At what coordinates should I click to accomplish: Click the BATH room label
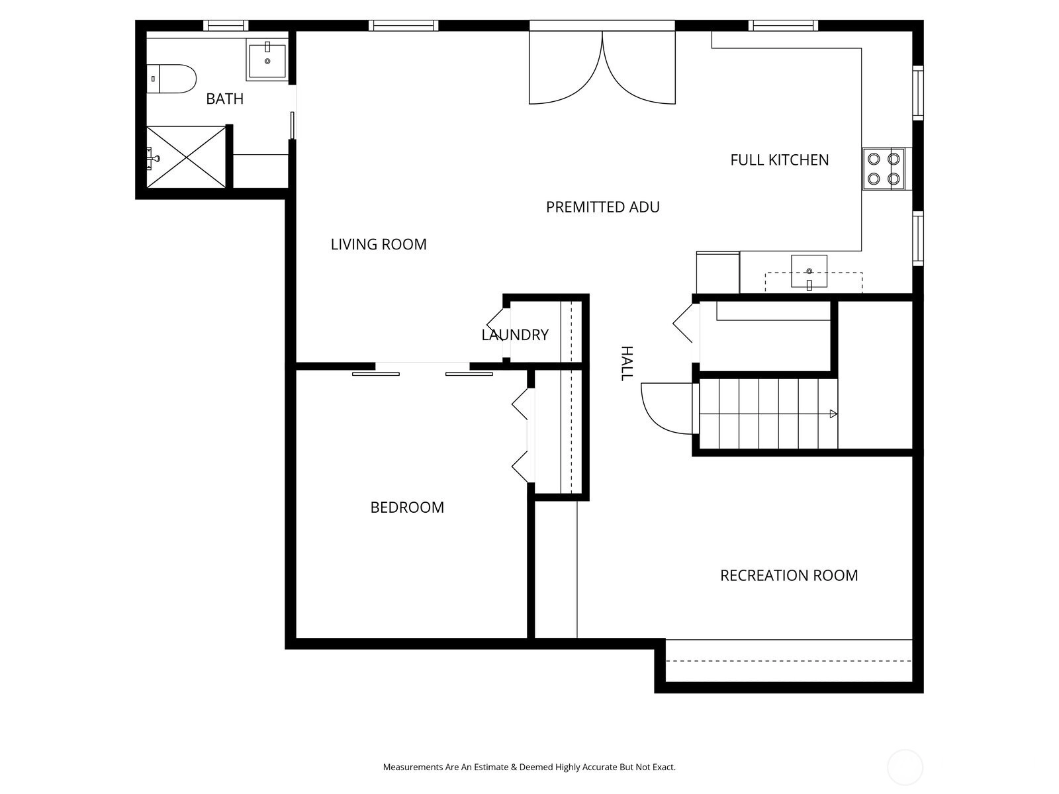tap(224, 99)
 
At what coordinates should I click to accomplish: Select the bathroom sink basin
tap(267, 60)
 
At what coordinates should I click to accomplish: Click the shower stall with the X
tap(186, 157)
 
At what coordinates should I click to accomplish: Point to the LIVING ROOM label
tap(379, 244)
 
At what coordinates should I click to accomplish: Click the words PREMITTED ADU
tap(602, 207)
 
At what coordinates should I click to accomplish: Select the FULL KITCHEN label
tap(779, 160)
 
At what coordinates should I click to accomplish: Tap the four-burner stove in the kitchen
tap(884, 169)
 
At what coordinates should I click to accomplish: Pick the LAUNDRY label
tap(515, 335)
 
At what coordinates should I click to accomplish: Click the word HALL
tap(626, 363)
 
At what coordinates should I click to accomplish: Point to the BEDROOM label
tap(407, 507)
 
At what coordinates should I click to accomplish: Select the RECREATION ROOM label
tap(789, 575)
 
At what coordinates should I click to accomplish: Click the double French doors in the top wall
tap(602, 63)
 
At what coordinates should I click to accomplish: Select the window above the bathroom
tap(225, 26)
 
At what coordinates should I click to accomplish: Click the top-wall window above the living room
tap(403, 26)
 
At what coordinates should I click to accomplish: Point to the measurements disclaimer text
tap(529, 767)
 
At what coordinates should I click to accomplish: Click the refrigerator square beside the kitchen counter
tap(718, 273)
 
